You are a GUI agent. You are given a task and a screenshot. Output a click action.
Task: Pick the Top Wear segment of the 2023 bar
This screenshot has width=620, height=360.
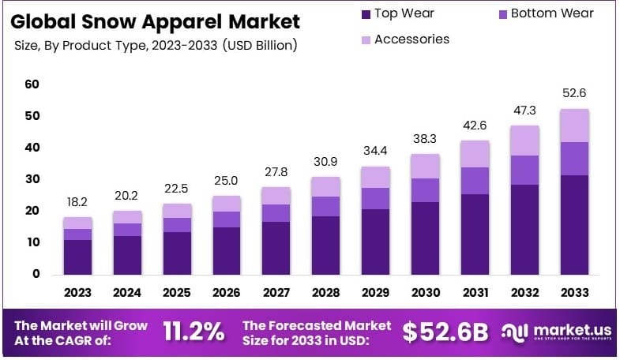click(77, 257)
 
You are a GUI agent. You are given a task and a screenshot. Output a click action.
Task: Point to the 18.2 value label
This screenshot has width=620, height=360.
click(77, 202)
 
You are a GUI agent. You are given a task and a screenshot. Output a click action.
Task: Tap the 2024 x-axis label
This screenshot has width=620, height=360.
click(126, 293)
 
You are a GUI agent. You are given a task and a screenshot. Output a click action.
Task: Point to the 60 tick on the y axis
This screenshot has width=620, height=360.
click(32, 84)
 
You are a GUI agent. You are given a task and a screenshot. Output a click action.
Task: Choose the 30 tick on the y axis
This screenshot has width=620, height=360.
click(32, 179)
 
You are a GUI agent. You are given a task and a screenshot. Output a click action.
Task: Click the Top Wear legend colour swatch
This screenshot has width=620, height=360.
click(365, 13)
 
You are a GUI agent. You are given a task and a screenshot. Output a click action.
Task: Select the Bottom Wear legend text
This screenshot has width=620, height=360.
click(551, 13)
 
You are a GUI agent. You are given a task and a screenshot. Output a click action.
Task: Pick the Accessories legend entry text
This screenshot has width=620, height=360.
click(411, 39)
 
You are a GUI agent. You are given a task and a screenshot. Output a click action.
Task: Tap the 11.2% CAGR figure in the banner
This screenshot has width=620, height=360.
click(194, 332)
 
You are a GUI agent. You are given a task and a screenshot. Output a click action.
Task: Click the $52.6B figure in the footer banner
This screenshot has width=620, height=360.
click(445, 332)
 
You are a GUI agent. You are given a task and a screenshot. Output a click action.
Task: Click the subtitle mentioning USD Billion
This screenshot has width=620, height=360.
click(155, 46)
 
